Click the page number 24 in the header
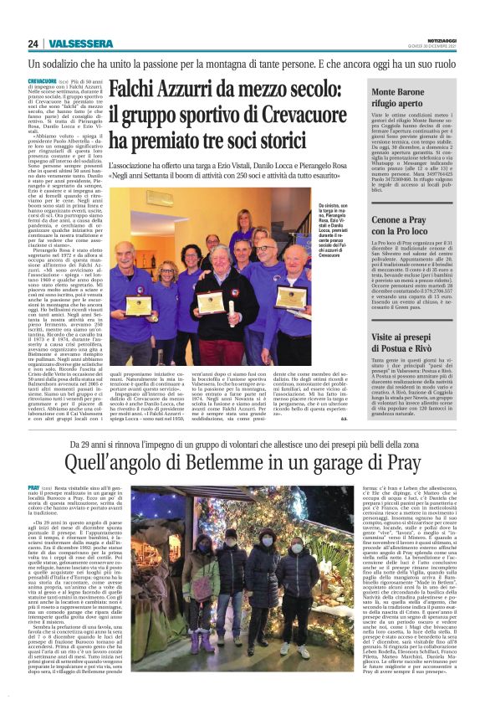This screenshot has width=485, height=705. (33, 44)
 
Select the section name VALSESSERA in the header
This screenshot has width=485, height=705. (80, 44)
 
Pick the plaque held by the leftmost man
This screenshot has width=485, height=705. (137, 304)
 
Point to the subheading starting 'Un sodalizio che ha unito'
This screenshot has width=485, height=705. (242, 64)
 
